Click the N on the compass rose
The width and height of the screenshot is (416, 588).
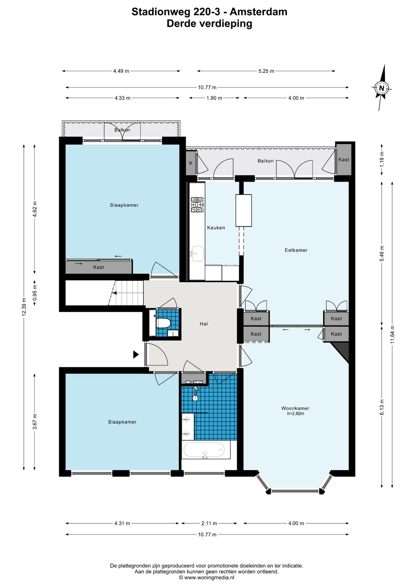[381, 88]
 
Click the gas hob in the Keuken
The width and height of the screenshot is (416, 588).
[198, 205]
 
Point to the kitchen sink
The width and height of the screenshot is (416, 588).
[197, 254]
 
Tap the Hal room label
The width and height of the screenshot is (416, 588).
[204, 324]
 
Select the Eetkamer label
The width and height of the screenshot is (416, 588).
[296, 250]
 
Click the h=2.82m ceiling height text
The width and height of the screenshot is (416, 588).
[296, 413]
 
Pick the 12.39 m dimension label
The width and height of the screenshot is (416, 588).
[24, 307]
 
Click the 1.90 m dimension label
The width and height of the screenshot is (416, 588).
[214, 98]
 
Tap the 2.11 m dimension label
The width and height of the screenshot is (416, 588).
[209, 523]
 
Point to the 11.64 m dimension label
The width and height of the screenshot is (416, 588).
[392, 334]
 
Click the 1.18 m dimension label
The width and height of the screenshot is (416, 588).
[382, 160]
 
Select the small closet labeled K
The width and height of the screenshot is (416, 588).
[191, 163]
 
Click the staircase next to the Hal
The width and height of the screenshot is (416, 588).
[126, 293]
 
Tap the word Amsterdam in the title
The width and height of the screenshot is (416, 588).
[259, 12]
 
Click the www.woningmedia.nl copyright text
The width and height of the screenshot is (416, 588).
[206, 578]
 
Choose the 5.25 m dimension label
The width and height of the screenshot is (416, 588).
[266, 71]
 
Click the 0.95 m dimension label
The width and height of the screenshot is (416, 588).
[35, 292]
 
